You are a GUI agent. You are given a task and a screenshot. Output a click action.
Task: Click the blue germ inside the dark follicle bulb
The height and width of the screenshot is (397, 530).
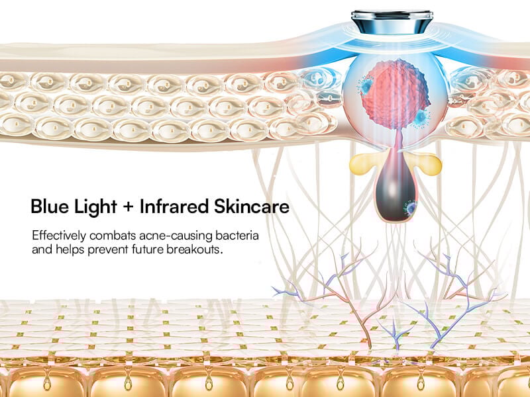411,208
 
